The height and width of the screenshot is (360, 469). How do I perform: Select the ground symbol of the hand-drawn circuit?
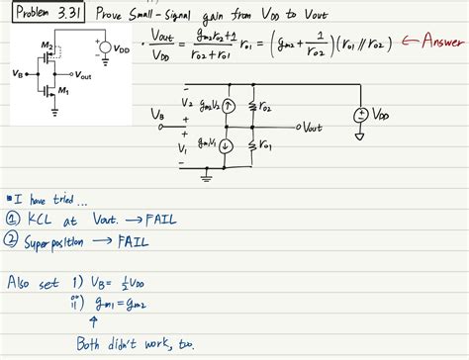[x=205, y=178]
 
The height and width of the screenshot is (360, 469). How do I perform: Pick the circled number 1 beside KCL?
[x=13, y=220]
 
